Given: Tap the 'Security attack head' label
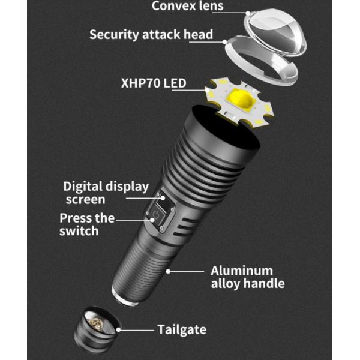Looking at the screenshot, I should (151, 34).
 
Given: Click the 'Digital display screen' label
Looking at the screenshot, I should (106, 193).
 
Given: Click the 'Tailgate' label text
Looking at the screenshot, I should (182, 329).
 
